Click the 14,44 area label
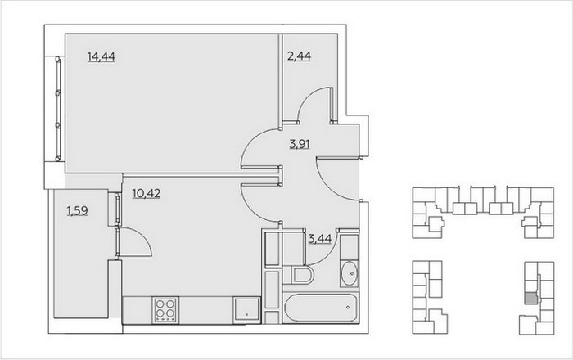(102, 57)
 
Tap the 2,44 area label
(299, 56)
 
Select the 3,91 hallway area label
(300, 144)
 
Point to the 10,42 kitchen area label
(147, 193)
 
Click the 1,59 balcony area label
(77, 210)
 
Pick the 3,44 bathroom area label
(320, 239)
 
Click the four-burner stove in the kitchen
(165, 310)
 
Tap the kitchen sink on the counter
(246, 310)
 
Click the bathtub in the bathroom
(321, 308)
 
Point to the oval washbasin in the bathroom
(350, 273)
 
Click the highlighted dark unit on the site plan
(531, 299)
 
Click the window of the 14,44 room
(58, 109)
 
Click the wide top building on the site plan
(483, 213)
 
